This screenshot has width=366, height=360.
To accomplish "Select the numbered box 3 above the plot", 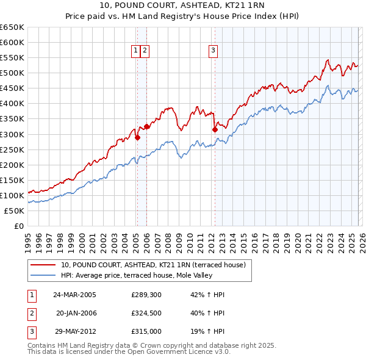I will click(x=213, y=51).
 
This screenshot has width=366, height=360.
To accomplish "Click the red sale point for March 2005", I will click(x=137, y=137).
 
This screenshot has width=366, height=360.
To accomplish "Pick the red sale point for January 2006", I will click(x=146, y=126).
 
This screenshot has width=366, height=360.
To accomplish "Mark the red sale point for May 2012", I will click(x=215, y=129).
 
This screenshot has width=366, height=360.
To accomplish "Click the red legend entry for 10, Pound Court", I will click(x=152, y=265).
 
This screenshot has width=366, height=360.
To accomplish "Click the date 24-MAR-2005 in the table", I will click(x=74, y=295).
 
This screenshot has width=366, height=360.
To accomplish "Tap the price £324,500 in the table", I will click(x=146, y=313).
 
